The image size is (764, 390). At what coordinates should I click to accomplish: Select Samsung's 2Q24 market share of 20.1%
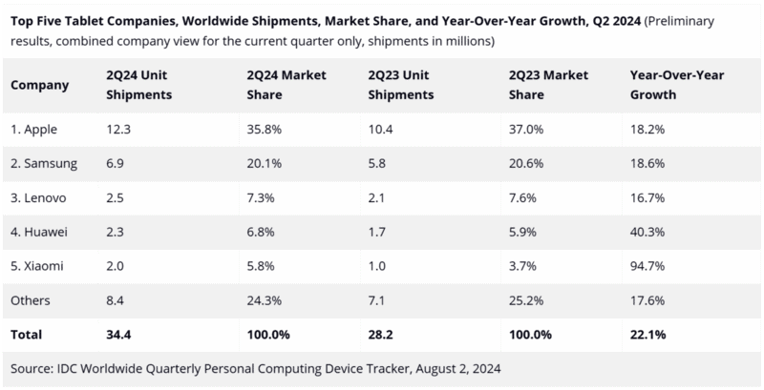click(x=260, y=164)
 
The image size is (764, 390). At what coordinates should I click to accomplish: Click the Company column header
click(x=39, y=85)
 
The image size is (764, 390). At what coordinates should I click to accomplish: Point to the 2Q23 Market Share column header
click(x=540, y=85)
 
